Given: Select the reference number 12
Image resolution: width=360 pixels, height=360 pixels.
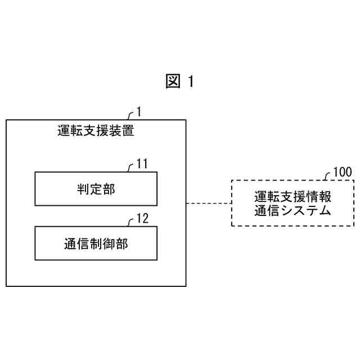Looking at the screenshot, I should tap(143, 219).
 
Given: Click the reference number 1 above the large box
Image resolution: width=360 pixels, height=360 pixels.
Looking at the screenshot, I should tap(139, 112).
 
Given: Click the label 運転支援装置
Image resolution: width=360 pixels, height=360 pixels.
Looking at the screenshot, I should tap(96, 132).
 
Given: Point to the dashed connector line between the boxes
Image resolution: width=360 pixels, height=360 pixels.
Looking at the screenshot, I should tap(208, 203).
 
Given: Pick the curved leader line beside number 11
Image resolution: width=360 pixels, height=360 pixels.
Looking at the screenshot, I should tap(132, 167).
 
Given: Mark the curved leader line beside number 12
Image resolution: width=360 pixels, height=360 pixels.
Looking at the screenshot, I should tap(132, 222).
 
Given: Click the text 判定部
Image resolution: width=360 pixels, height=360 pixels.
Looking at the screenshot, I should tap(96, 189).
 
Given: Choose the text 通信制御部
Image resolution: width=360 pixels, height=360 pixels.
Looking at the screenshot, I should tap(96, 243).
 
